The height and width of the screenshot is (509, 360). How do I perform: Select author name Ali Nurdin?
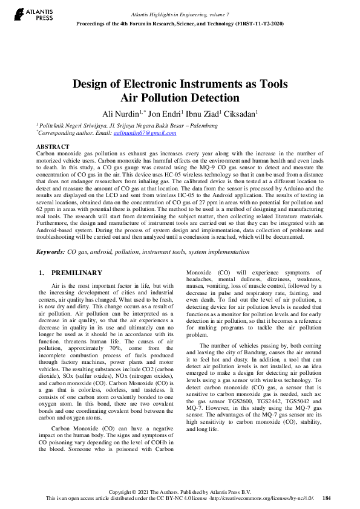point(120,114)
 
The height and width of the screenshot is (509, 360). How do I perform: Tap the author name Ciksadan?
point(239,114)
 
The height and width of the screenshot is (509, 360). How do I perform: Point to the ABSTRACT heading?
point(53,147)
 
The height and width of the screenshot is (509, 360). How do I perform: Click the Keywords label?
point(50,251)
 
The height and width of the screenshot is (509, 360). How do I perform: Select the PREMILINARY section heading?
point(77,273)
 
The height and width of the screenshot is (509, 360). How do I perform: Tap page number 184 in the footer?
point(327,498)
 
